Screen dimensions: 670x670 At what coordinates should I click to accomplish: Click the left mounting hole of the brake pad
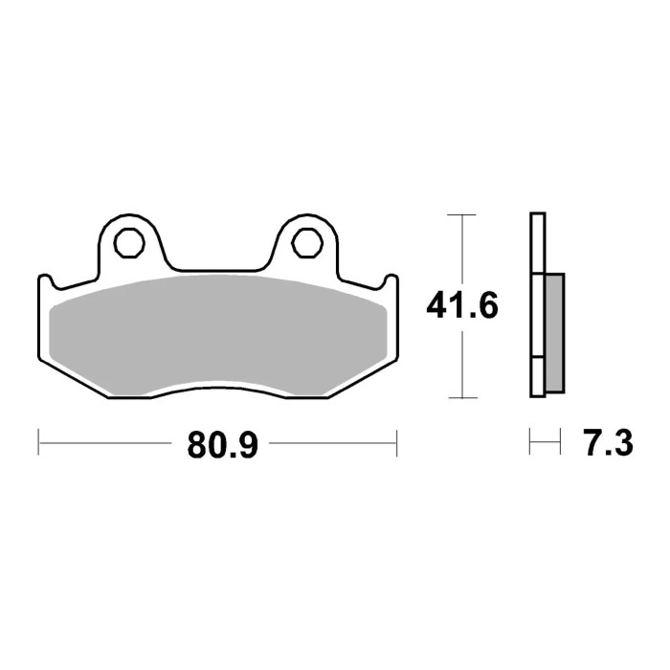127,240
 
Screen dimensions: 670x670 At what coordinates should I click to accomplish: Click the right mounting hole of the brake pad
305,240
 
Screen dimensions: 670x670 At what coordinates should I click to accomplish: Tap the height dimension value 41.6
463,308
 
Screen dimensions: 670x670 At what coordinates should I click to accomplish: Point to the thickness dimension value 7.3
605,444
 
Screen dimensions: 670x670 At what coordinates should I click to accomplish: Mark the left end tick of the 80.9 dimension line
38,443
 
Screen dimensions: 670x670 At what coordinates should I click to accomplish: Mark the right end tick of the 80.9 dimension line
396,443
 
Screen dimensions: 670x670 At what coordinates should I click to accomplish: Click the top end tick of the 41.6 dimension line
462,214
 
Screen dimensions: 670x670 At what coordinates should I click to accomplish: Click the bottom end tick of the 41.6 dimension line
462,398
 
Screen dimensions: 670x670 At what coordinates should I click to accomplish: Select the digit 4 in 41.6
435,308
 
